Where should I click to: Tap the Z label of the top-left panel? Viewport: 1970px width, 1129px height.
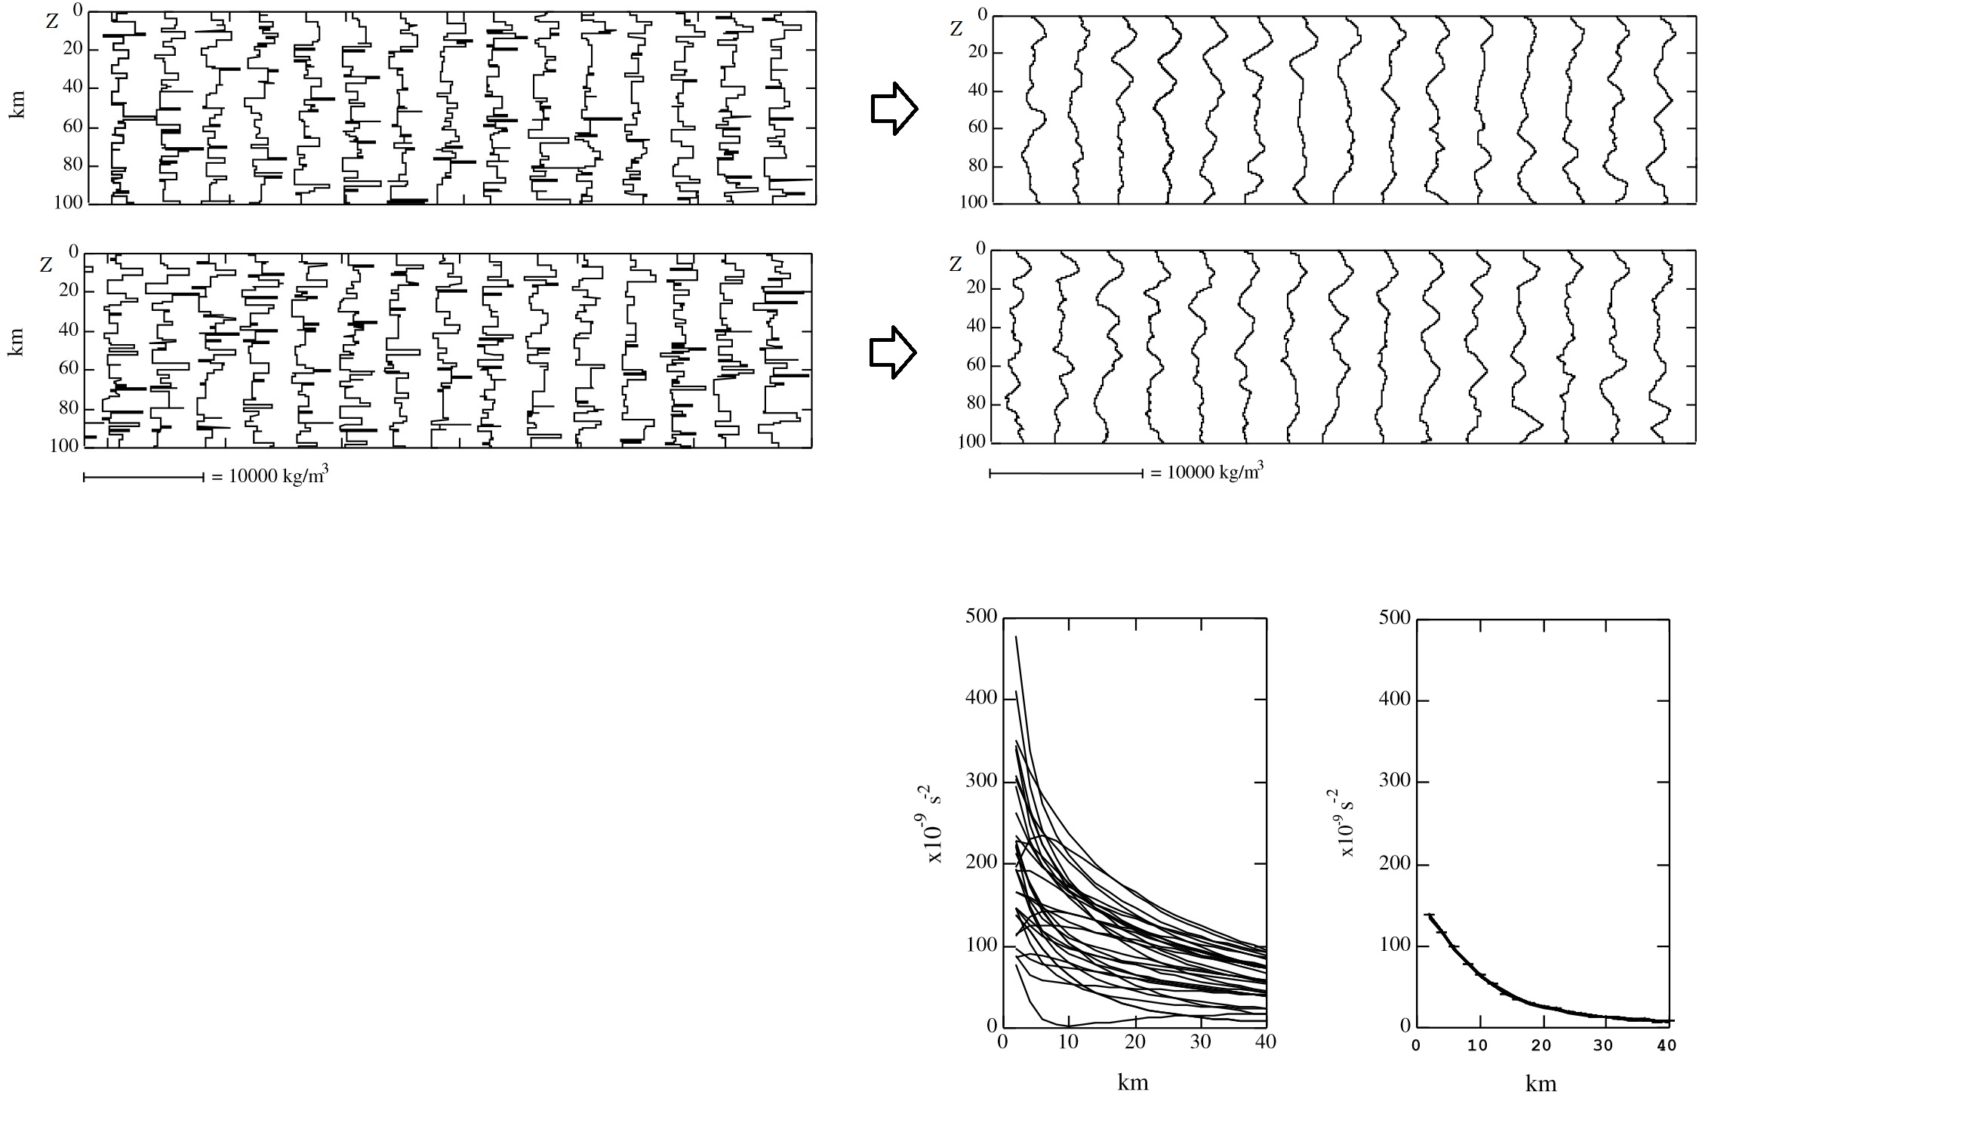[x=52, y=22]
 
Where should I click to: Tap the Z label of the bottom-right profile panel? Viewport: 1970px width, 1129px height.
[x=955, y=265]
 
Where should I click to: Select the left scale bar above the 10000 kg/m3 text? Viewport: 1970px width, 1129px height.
[x=143, y=477]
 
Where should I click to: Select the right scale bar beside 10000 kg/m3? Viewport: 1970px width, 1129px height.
[x=1065, y=473]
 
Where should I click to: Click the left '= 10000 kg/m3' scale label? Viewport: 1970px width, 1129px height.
[x=269, y=475]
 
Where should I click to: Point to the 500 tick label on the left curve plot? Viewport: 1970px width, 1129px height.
[x=980, y=617]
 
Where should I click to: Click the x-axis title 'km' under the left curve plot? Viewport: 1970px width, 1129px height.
[x=1133, y=1082]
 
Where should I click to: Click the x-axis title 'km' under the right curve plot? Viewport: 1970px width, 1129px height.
[x=1541, y=1084]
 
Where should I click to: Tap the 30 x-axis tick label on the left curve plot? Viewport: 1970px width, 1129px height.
[x=1200, y=1041]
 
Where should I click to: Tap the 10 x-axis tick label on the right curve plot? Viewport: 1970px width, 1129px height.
[x=1479, y=1045]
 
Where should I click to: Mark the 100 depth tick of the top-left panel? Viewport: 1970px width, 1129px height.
[x=69, y=202]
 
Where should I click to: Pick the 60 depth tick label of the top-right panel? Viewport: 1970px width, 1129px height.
[x=978, y=128]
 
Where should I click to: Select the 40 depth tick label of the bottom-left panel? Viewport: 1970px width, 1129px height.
[x=68, y=330]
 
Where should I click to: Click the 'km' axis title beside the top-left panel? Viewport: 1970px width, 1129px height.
[x=17, y=105]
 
